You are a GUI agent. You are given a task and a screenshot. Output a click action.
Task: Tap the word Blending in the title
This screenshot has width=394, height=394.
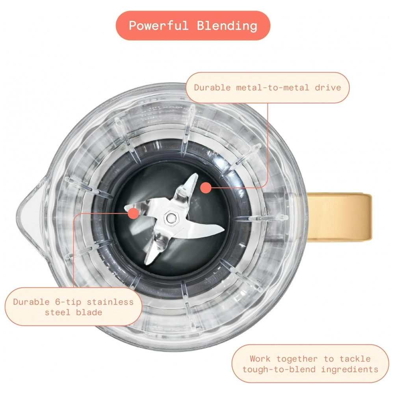point(227,26)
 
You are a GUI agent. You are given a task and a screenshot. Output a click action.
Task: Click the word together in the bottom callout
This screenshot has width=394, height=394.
point(297,359)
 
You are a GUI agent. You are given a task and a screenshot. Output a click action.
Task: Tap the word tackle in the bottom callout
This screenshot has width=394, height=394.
point(356,359)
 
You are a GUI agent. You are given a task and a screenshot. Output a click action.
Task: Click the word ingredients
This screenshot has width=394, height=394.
point(349,369)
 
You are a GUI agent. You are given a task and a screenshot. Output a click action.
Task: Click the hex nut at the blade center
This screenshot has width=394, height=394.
point(171,217)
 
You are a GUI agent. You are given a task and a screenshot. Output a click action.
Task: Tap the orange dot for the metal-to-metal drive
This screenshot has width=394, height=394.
point(205,188)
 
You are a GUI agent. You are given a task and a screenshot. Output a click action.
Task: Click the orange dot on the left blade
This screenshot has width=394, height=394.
point(133,214)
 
